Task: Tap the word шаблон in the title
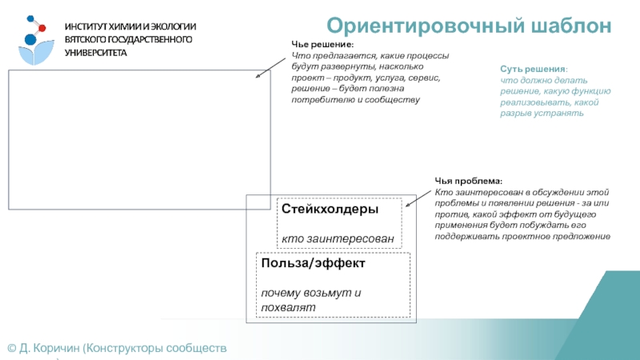(x=567, y=26)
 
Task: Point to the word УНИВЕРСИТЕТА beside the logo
(x=96, y=52)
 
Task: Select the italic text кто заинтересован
(x=338, y=238)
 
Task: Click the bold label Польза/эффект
(x=312, y=262)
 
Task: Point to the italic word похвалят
(x=288, y=307)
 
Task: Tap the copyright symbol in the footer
(x=11, y=348)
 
